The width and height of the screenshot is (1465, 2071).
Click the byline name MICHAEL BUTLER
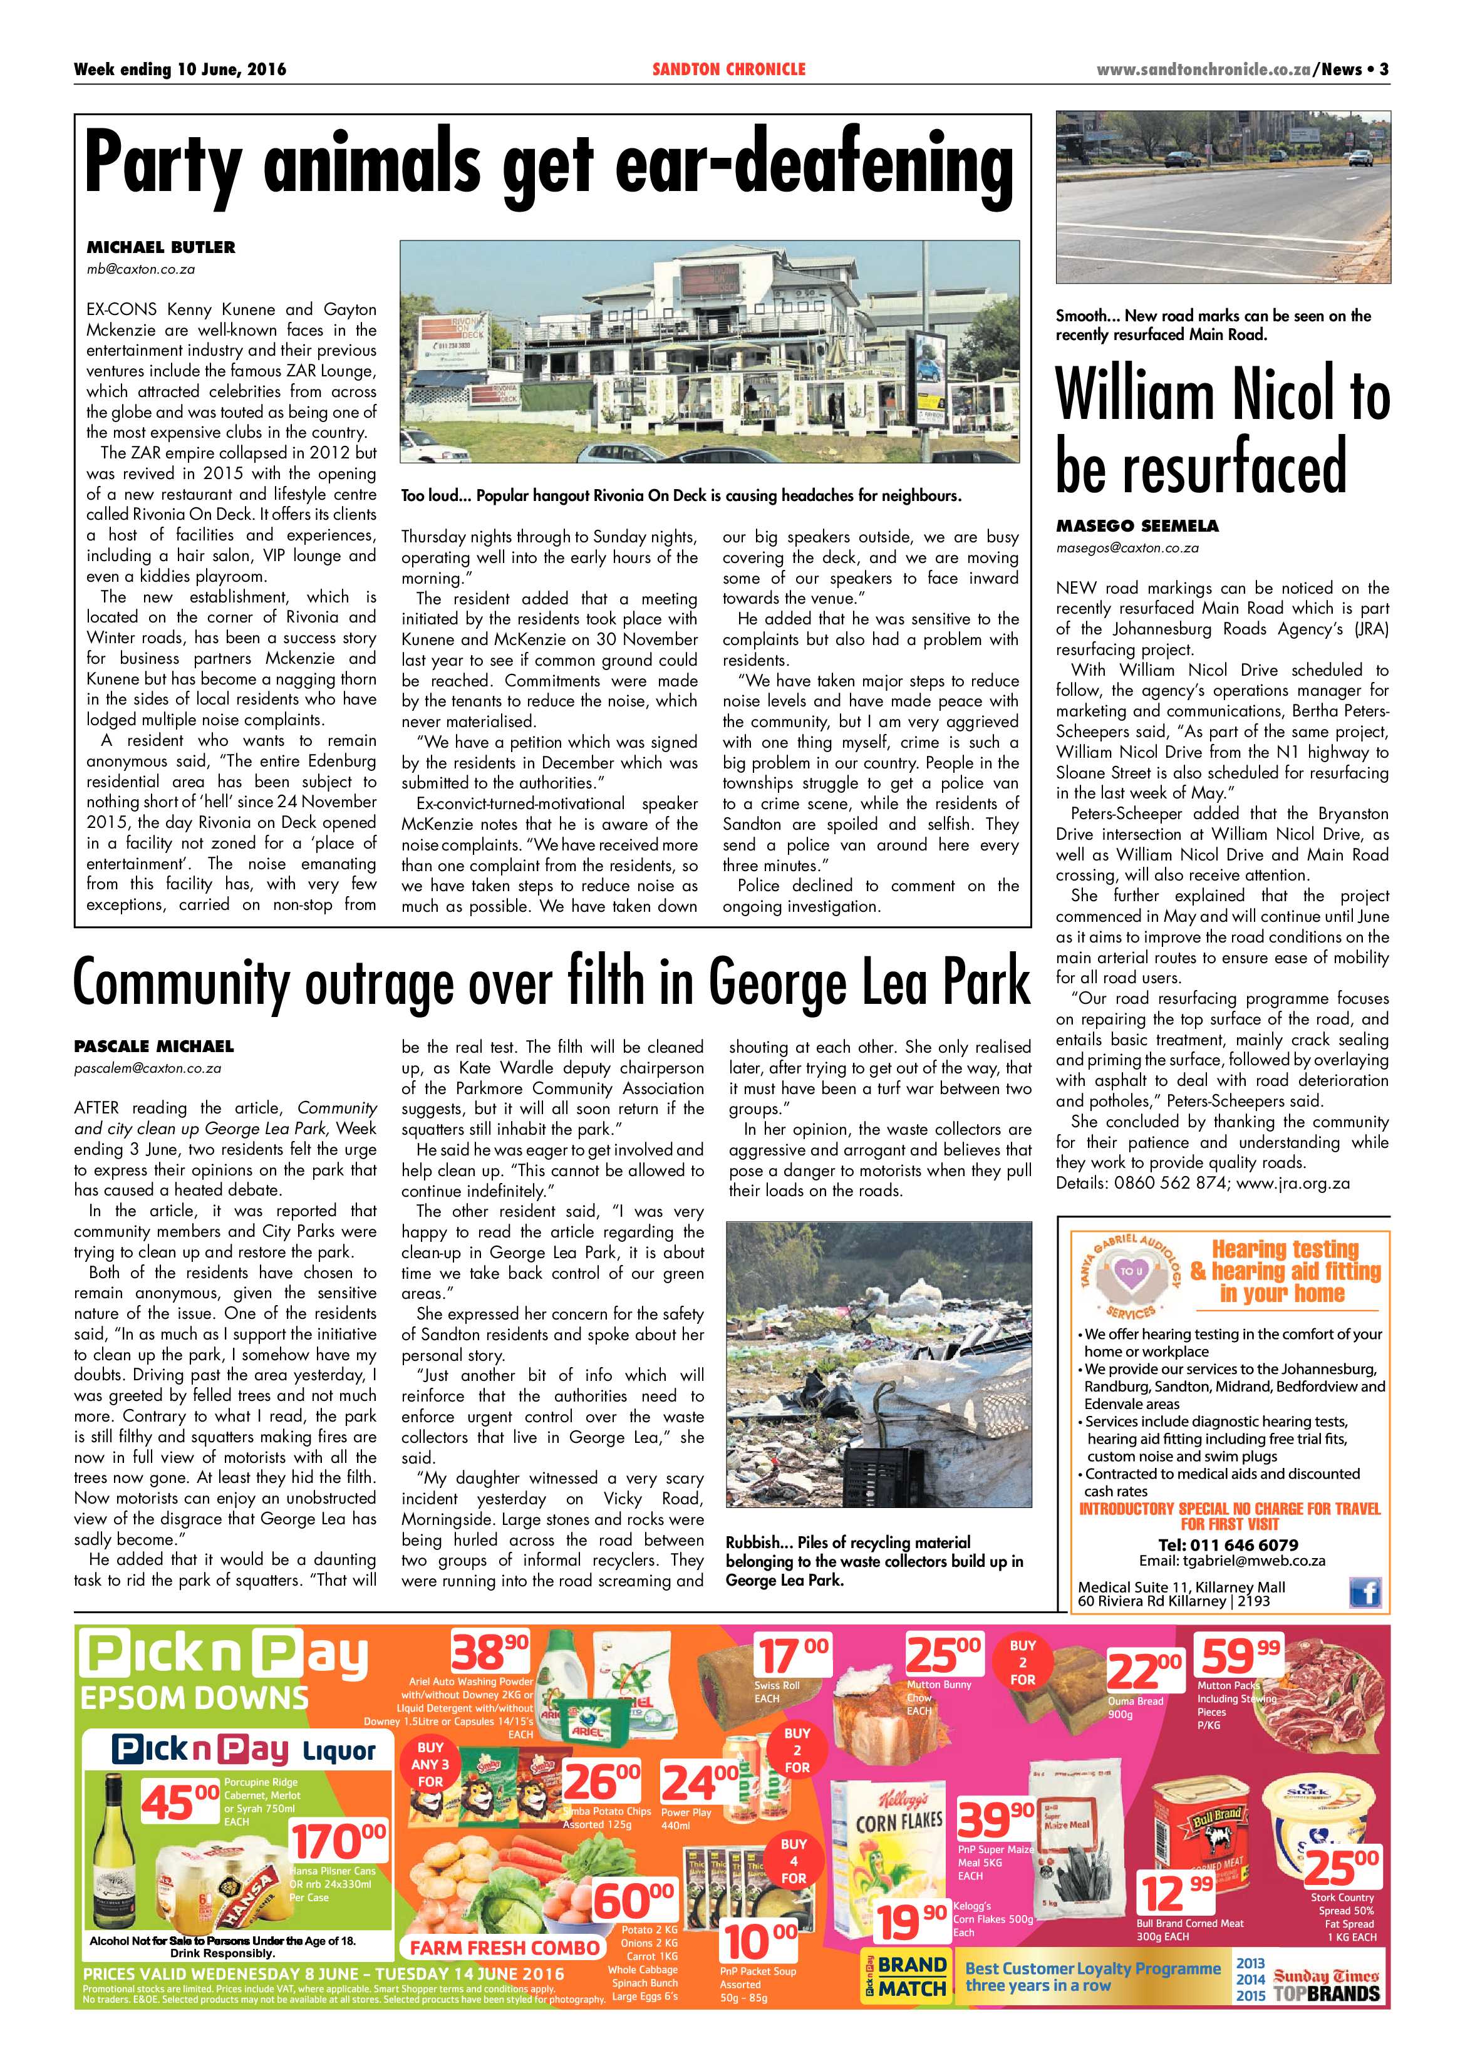coord(160,247)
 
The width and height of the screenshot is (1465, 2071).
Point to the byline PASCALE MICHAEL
coord(153,1046)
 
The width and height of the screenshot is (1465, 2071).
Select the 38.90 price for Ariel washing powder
coord(490,1653)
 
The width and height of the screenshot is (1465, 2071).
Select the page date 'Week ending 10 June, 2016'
coord(180,70)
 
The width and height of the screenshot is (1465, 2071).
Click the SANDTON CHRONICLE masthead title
coord(729,70)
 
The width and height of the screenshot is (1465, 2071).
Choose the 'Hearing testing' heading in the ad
coord(1285,1249)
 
